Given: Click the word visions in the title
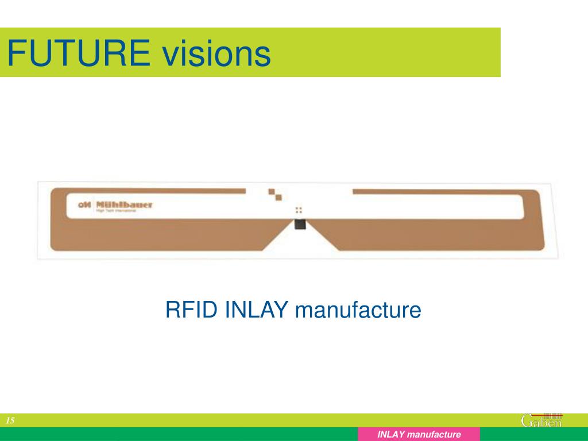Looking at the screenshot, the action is [x=216, y=53].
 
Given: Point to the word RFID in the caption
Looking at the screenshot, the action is [x=192, y=310].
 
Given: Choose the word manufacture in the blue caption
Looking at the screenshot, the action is [x=358, y=310].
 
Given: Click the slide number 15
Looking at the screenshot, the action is [x=10, y=421].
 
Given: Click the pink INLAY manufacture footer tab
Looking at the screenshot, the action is [x=419, y=435].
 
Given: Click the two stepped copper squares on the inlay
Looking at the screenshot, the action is [x=274, y=194].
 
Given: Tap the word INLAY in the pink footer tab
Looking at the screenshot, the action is [x=390, y=435].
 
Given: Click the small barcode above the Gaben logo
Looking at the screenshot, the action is [x=552, y=415].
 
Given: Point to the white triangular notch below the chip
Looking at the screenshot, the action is [x=299, y=241].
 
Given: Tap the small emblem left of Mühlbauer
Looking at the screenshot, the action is [x=83, y=204].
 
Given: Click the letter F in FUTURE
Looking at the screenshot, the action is [x=15, y=53].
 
